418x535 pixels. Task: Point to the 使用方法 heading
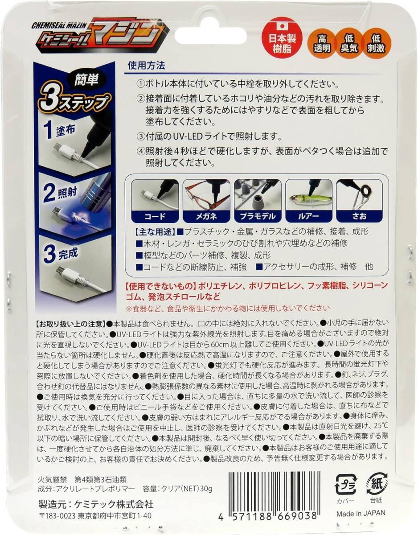pyautogui.click(x=146, y=66)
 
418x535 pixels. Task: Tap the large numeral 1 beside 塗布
pyautogui.click(x=48, y=130)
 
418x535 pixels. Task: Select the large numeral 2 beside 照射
pyautogui.click(x=49, y=193)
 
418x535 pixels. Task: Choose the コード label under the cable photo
pyautogui.click(x=155, y=216)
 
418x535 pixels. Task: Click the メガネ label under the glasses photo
pyautogui.click(x=206, y=216)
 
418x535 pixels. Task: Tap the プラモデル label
pyautogui.click(x=257, y=216)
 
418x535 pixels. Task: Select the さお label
pyautogui.click(x=359, y=216)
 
